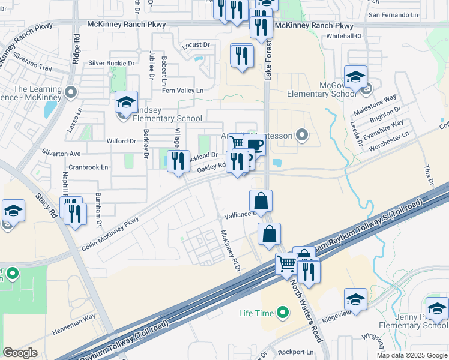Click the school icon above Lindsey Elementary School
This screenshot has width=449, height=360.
pyautogui.click(x=127, y=103)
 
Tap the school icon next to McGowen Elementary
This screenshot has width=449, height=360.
pyautogui.click(x=355, y=77)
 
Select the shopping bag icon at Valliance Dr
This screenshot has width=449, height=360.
pyautogui.click(x=261, y=201)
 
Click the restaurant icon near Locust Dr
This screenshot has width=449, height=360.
pyautogui.click(x=242, y=55)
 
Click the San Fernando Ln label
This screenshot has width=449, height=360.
pyautogui.click(x=393, y=14)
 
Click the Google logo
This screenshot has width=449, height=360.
pyautogui.click(x=20, y=353)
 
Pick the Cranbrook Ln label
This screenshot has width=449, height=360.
pyautogui.click(x=88, y=167)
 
